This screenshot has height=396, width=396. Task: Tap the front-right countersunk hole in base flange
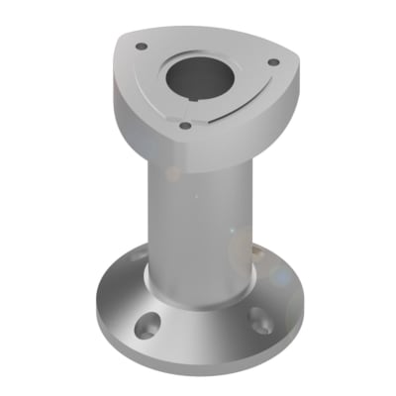click(x=259, y=317)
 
